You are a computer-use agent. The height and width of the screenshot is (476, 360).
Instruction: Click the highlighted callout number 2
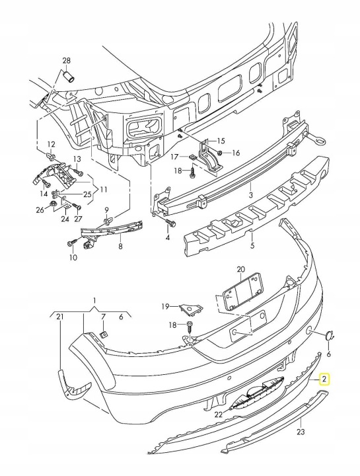click(324, 379)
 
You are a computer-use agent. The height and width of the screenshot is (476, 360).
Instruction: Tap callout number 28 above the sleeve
click(67, 60)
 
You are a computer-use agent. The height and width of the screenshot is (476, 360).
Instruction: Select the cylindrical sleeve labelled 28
click(69, 76)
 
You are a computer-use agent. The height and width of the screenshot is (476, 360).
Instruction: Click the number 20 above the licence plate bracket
click(241, 269)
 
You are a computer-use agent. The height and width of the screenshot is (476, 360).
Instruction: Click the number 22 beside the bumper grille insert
click(219, 414)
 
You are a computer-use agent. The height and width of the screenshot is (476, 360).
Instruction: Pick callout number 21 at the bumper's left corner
click(60, 317)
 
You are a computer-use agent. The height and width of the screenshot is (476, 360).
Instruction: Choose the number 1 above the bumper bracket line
click(94, 301)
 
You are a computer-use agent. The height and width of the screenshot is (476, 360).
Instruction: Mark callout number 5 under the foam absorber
click(252, 245)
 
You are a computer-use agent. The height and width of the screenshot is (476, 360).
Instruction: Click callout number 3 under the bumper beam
click(250, 194)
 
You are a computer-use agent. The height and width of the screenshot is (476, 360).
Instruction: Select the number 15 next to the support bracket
click(221, 141)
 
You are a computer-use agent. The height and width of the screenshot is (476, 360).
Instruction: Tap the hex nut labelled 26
click(53, 204)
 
